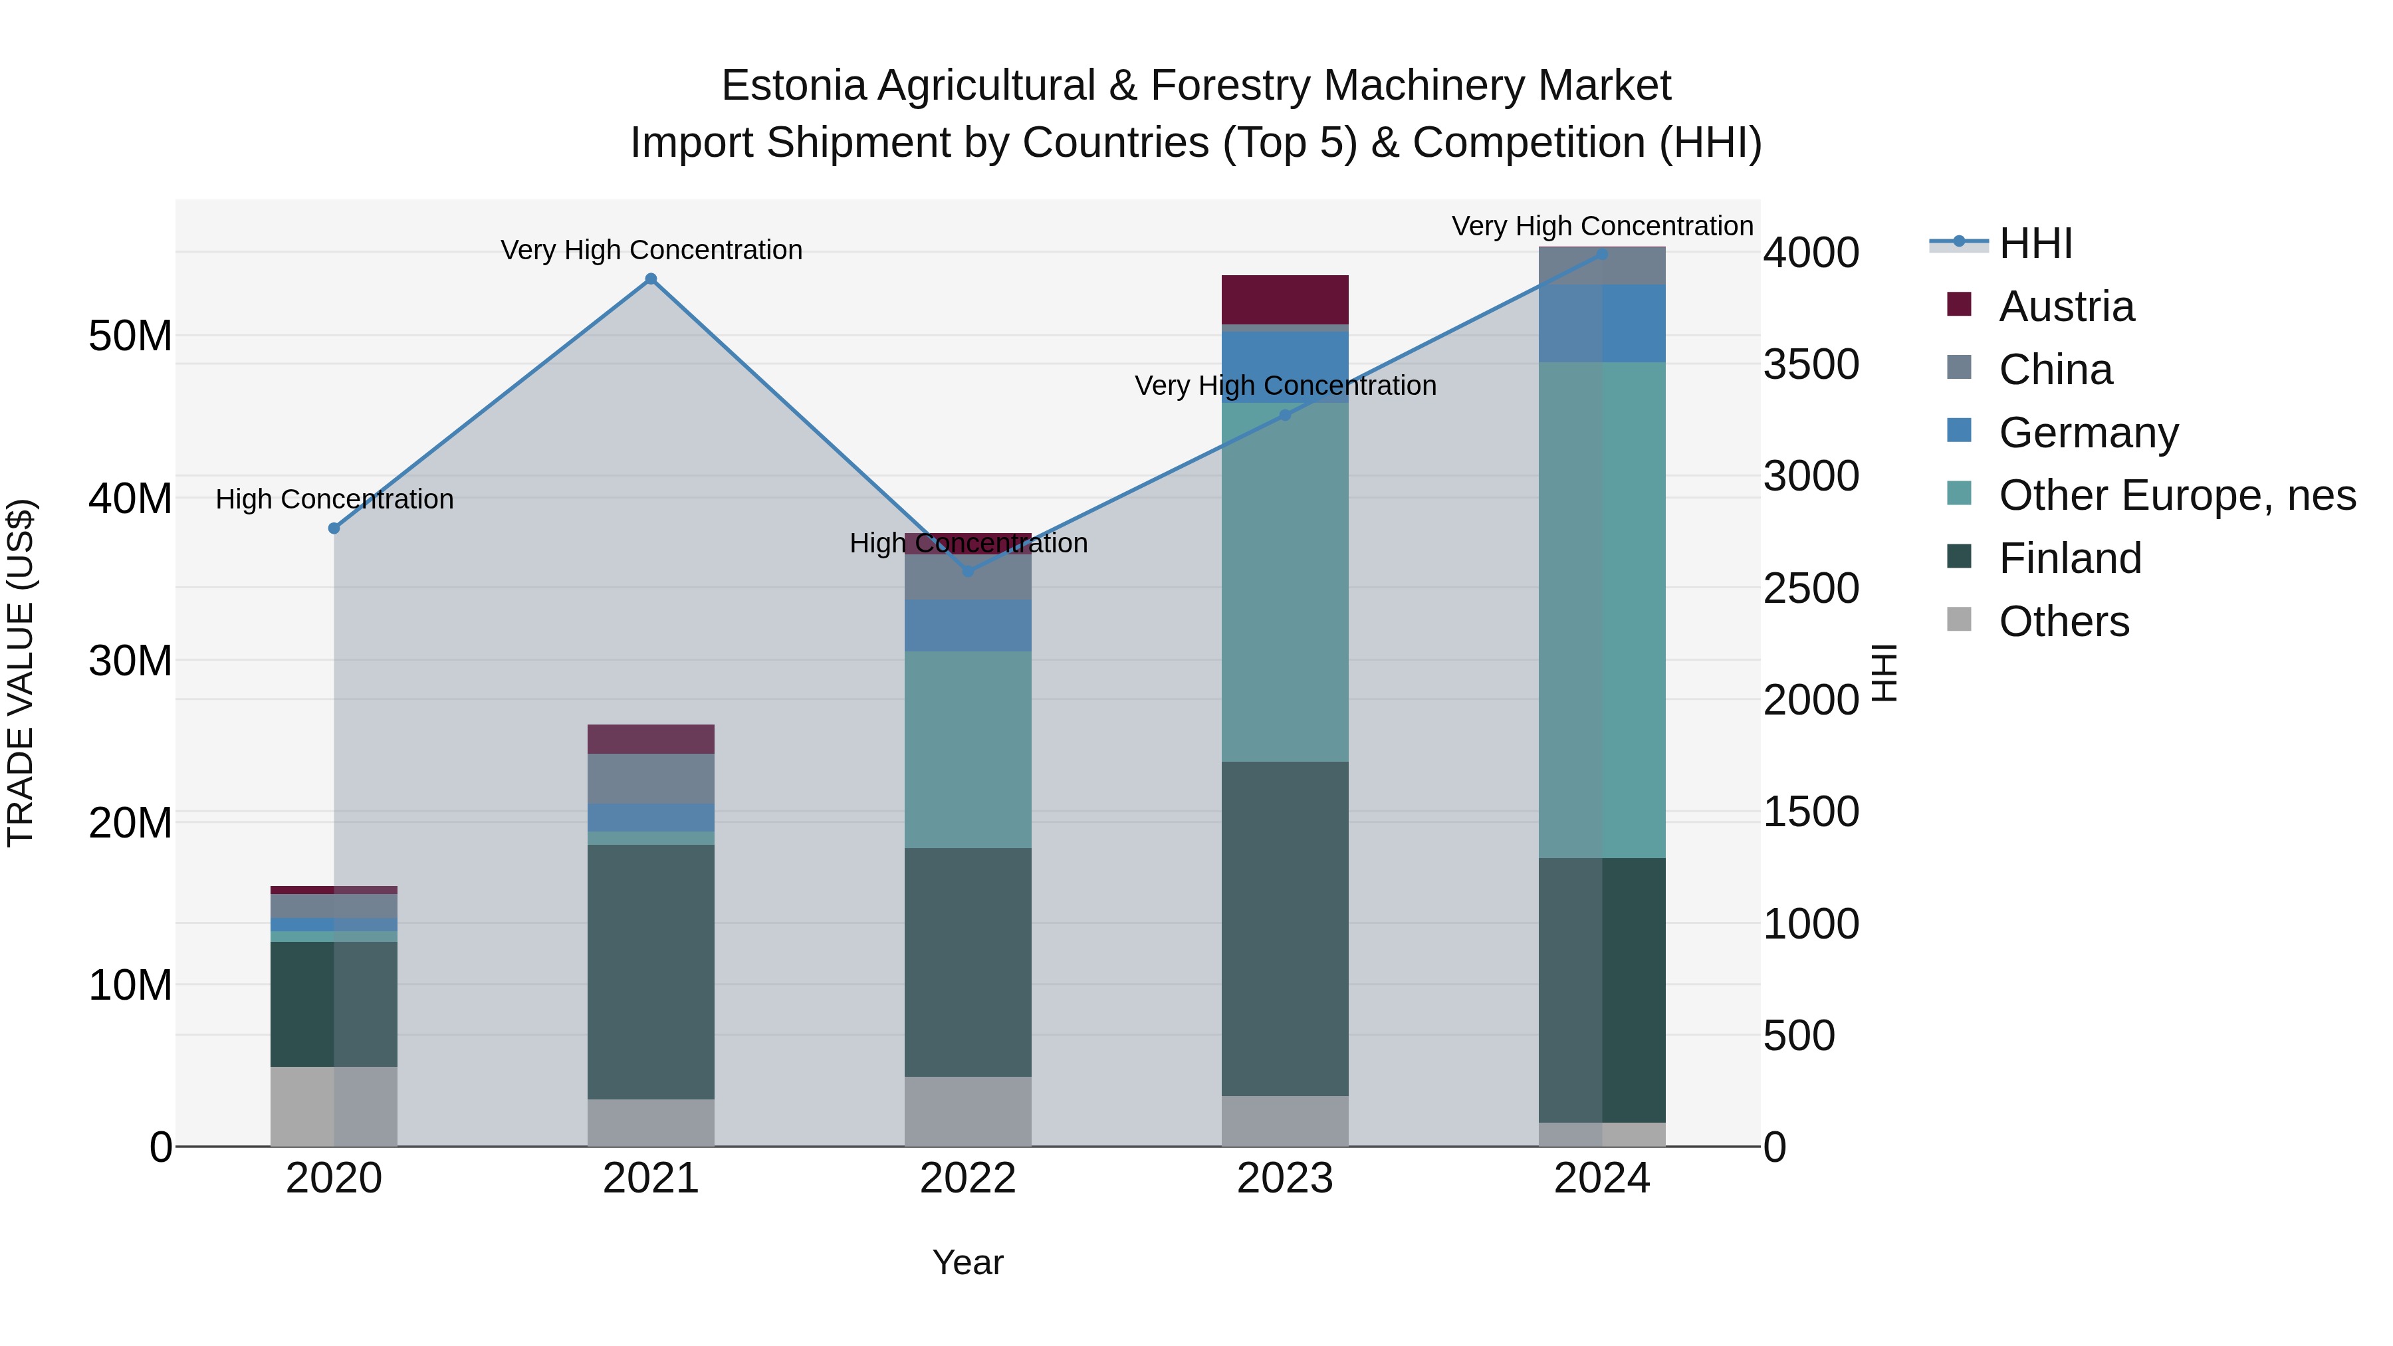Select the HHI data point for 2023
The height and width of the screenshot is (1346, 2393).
pyautogui.click(x=1285, y=415)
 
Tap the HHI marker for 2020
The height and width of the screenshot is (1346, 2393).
pyautogui.click(x=334, y=528)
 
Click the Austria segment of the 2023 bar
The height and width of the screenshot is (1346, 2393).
pyautogui.click(x=1285, y=299)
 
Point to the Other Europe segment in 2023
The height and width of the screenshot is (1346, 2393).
pyautogui.click(x=1285, y=582)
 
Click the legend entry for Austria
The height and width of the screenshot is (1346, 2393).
pyautogui.click(x=2066, y=306)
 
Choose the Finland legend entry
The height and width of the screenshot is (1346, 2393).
pyautogui.click(x=2070, y=558)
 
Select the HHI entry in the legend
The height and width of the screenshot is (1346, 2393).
pyautogui.click(x=2035, y=243)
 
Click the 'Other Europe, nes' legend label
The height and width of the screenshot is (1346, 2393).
pyautogui.click(x=2176, y=495)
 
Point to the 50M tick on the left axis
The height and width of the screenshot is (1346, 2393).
pyautogui.click(x=130, y=336)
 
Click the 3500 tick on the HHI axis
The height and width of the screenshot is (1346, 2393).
pyautogui.click(x=1811, y=364)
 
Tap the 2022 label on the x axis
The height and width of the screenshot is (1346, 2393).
pyautogui.click(x=967, y=1178)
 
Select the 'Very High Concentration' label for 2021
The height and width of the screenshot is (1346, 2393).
pyautogui.click(x=651, y=250)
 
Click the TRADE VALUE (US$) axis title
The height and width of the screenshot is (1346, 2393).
pyautogui.click(x=21, y=673)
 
